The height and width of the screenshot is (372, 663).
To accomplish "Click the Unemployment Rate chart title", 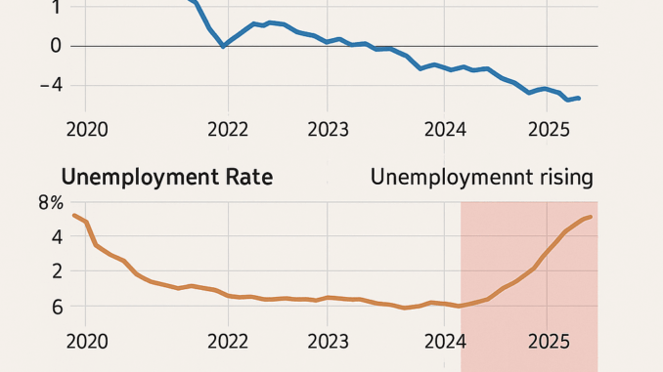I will click(x=166, y=178).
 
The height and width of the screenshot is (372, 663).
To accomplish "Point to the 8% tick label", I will click(x=50, y=204).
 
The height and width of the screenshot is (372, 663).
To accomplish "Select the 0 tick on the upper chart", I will click(x=55, y=46).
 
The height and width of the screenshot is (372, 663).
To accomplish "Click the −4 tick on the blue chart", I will click(x=51, y=85).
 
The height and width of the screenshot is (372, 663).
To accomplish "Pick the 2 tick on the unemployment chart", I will click(x=56, y=270).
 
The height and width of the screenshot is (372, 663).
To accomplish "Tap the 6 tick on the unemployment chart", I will click(x=56, y=307).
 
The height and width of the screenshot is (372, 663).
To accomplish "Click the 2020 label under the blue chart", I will click(x=87, y=129).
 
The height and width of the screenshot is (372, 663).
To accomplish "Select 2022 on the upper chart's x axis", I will click(x=228, y=129).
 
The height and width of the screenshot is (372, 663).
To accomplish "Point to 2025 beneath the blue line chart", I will click(x=548, y=129).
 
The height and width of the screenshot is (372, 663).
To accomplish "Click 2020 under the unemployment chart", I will click(x=87, y=343).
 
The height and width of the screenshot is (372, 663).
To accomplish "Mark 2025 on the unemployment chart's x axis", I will click(x=548, y=343).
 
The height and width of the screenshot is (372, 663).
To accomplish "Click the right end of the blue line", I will click(x=579, y=98).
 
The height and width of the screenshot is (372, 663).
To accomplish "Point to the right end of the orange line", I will click(x=591, y=217).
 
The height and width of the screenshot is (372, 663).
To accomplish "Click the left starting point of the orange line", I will click(x=74, y=215).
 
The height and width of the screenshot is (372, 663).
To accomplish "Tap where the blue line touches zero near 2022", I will click(x=225, y=46).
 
